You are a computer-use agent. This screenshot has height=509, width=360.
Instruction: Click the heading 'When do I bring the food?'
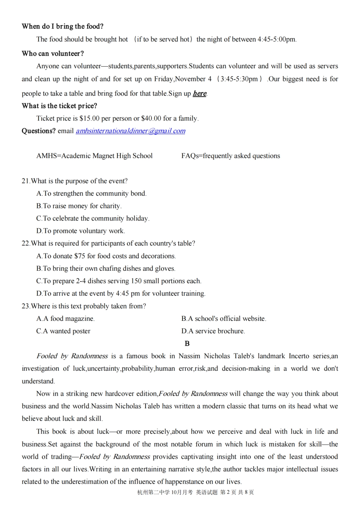[63, 26]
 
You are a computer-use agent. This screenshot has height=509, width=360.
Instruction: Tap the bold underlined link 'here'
[199, 93]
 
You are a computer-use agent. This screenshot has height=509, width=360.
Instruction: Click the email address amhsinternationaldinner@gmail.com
[130, 131]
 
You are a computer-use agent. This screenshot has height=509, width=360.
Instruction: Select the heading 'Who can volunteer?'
[53, 53]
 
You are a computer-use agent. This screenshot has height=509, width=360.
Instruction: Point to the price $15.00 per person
[89, 119]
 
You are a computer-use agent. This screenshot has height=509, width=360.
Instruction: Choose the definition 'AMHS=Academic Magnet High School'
[94, 156]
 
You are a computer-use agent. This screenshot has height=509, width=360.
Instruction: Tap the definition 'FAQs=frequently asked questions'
[230, 156]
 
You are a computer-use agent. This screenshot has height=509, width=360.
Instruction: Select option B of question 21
[79, 206]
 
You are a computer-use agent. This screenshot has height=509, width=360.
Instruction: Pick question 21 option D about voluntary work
[80, 231]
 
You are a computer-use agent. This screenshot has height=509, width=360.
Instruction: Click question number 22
[26, 244]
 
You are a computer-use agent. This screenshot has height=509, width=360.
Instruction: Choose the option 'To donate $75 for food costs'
[106, 256]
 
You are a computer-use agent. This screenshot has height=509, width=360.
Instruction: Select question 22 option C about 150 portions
[119, 281]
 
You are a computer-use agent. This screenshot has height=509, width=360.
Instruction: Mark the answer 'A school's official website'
[224, 319]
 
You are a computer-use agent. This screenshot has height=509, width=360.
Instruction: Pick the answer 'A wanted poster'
[63, 331]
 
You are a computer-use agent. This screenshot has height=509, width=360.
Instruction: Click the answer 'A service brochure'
[213, 331]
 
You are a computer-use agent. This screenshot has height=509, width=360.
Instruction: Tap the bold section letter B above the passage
[187, 343]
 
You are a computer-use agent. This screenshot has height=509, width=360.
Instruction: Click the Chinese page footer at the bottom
[196, 492]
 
